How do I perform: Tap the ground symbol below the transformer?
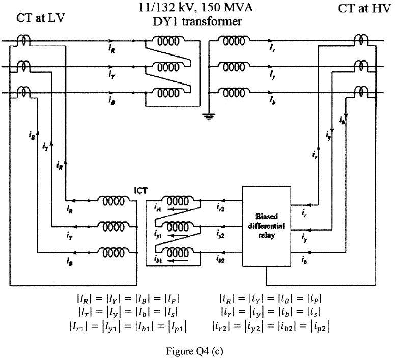click(208, 117)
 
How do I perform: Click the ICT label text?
click(140, 191)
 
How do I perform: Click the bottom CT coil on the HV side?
click(363, 91)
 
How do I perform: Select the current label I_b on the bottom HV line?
click(273, 101)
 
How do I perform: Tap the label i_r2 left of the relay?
click(221, 207)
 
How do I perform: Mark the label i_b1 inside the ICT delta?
click(158, 258)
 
